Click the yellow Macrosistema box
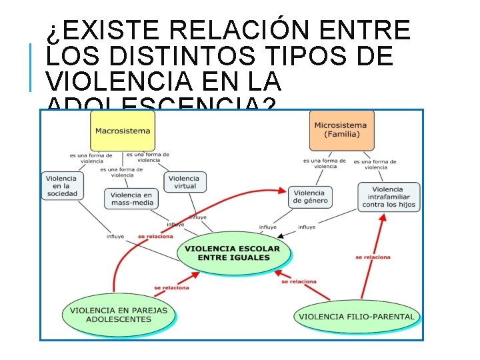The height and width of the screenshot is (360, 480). [123, 131]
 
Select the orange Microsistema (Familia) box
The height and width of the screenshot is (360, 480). [341, 130]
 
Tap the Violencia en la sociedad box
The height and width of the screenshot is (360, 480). [61, 186]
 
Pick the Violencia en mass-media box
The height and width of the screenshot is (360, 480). [131, 199]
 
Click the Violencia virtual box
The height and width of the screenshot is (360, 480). [184, 182]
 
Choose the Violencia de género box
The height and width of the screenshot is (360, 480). [311, 197]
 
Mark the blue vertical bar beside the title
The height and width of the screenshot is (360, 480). [31, 67]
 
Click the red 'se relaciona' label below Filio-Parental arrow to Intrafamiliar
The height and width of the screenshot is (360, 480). [373, 257]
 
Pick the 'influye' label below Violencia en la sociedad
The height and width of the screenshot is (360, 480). [115, 237]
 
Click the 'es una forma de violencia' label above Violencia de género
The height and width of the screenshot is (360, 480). [325, 163]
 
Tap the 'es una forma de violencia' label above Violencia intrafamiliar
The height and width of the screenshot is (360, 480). [375, 164]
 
